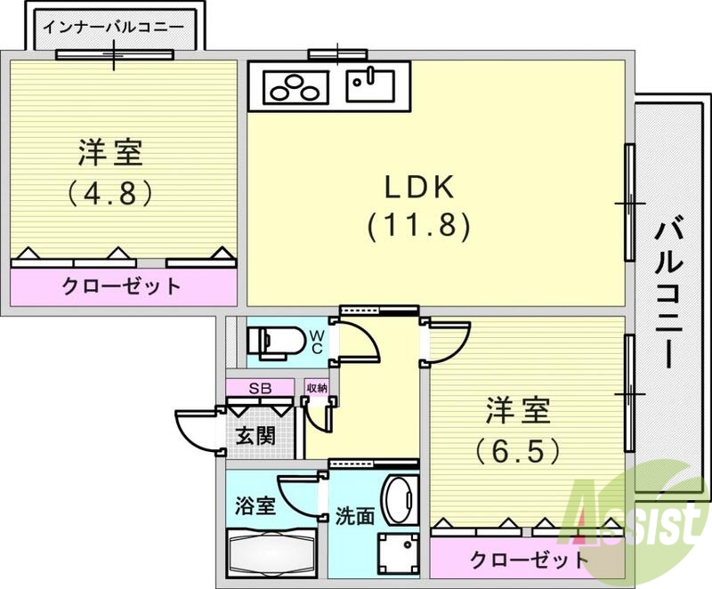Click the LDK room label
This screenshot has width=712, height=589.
click(419, 188)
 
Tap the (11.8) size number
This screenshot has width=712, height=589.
click(418, 226)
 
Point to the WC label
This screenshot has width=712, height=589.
click(317, 342)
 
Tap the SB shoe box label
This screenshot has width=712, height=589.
click(259, 388)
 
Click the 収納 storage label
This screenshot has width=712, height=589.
click(317, 388)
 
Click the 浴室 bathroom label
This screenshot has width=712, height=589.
click(255, 507)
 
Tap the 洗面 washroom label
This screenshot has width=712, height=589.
click(354, 517)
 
